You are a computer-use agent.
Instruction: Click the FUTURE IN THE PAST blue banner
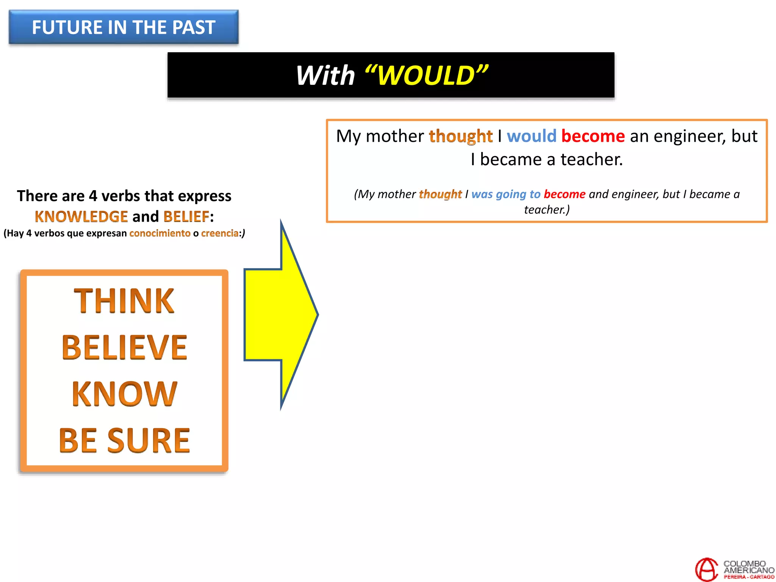pyautogui.click(x=124, y=27)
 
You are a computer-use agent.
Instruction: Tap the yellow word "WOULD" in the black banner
pyautogui.click(x=426, y=75)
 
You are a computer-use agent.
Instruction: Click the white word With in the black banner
pyautogui.click(x=325, y=75)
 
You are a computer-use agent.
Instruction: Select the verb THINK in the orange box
pyautogui.click(x=124, y=301)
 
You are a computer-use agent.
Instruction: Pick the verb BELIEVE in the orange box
pyautogui.click(x=124, y=347)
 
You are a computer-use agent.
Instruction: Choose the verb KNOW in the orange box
pyautogui.click(x=124, y=394)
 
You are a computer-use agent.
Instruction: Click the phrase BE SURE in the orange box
pyautogui.click(x=124, y=440)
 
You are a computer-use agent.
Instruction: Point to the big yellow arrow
pyautogui.click(x=280, y=314)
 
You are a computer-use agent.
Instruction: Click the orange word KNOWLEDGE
pyautogui.click(x=81, y=217)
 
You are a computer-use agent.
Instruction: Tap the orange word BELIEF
pyautogui.click(x=186, y=217)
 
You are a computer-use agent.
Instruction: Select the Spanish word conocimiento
pyautogui.click(x=160, y=233)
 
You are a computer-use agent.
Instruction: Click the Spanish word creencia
pyautogui.click(x=219, y=233)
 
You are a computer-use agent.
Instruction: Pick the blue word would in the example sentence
pyautogui.click(x=531, y=136)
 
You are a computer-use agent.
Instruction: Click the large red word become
pyautogui.click(x=593, y=136)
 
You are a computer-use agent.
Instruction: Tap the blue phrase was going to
pyautogui.click(x=505, y=194)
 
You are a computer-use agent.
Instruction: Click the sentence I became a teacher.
pyautogui.click(x=546, y=160)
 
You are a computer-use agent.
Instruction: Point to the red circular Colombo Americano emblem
pyautogui.click(x=706, y=569)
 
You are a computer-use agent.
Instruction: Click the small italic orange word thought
pyautogui.click(x=440, y=194)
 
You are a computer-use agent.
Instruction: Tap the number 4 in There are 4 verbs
pyautogui.click(x=93, y=196)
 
